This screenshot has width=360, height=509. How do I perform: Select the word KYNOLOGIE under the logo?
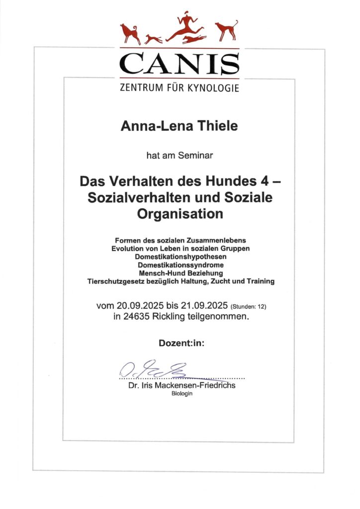pyautogui.click(x=214, y=89)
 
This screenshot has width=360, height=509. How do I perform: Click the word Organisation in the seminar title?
pyautogui.click(x=180, y=214)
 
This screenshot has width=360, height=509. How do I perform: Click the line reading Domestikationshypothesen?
pyautogui.click(x=180, y=257)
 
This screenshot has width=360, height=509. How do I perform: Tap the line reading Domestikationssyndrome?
pyautogui.click(x=180, y=265)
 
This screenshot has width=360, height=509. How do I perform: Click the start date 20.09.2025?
pyautogui.click(x=142, y=305)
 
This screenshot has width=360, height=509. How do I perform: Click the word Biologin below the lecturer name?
pyautogui.click(x=181, y=393)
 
